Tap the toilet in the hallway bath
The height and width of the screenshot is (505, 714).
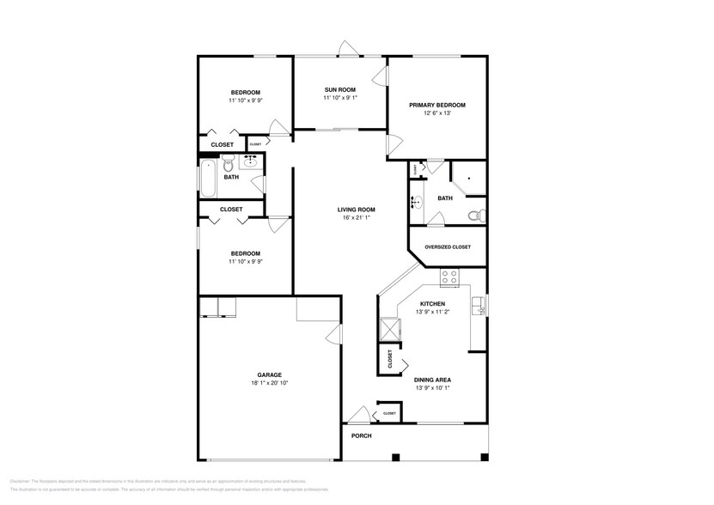(x=229, y=163)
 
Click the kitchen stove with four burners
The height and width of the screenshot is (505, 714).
(x=449, y=277)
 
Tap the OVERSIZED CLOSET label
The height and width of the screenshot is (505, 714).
(x=448, y=246)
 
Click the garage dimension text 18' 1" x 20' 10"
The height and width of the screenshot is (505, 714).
(x=269, y=383)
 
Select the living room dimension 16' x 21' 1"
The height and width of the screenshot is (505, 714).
(x=356, y=218)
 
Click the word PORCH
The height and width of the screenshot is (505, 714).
(x=361, y=435)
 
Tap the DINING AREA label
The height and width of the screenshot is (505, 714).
(x=431, y=379)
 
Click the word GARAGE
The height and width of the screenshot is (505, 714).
(x=269, y=374)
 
